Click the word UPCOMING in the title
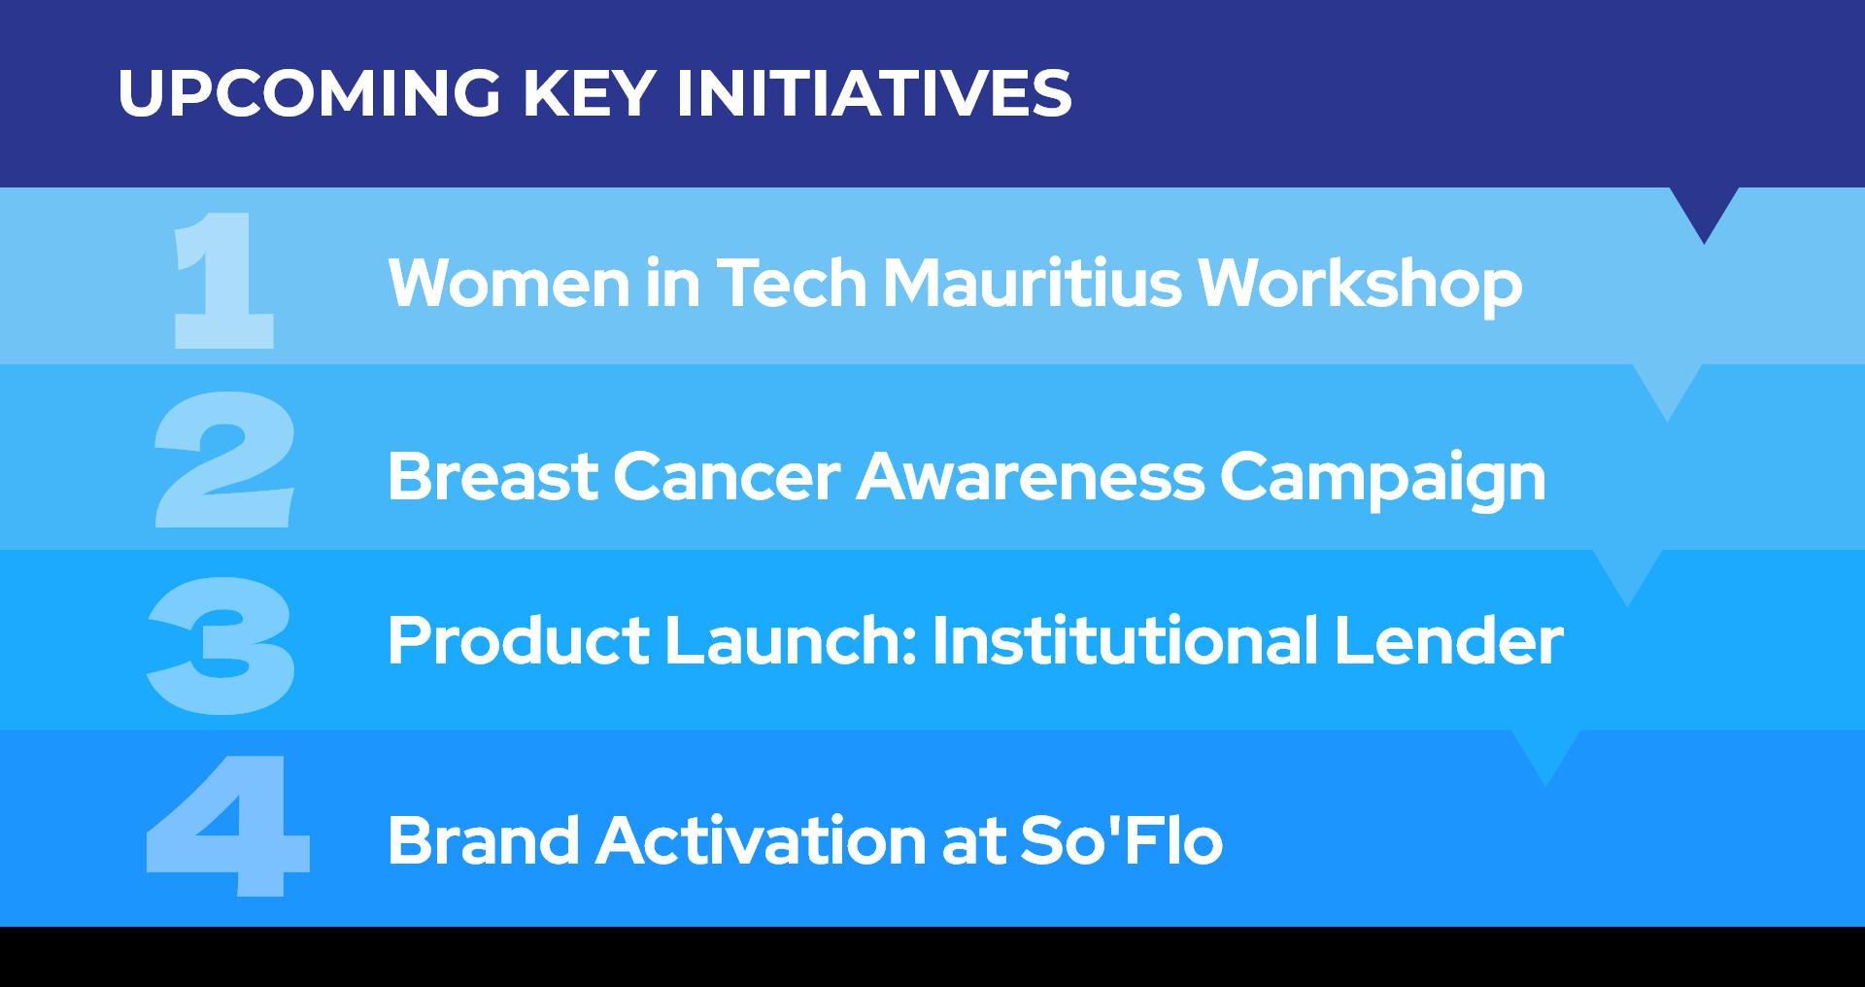310,93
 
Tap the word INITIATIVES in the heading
873,93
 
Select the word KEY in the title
589,93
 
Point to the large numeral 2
224,459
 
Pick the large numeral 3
220,645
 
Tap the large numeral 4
228,826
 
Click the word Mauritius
1032,283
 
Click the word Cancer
727,477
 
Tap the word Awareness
1030,477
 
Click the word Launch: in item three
792,640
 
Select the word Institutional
1125,640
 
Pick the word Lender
1448,640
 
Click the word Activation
761,839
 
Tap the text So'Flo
1121,839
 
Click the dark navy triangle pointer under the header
1704,210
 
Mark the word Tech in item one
791,283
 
